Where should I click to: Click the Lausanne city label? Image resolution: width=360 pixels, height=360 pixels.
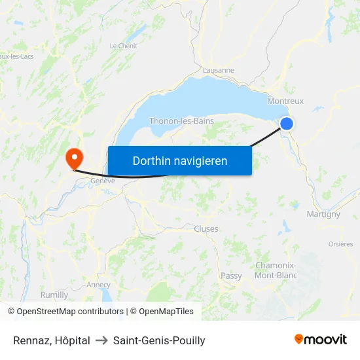pyautogui.click(x=219, y=70)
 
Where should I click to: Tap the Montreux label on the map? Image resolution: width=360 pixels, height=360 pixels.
pyautogui.click(x=285, y=101)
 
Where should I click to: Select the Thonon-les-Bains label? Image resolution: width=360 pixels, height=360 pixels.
pyautogui.click(x=181, y=121)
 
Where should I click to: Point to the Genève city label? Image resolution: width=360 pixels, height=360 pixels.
pyautogui.click(x=103, y=181)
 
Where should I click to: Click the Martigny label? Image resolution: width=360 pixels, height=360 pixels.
pyautogui.click(x=323, y=214)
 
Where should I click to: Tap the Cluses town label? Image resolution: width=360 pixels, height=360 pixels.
pyautogui.click(x=206, y=229)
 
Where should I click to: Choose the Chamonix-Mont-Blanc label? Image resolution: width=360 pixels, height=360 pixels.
pyautogui.click(x=275, y=270)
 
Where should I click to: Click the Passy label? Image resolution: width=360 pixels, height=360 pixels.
pyautogui.click(x=231, y=276)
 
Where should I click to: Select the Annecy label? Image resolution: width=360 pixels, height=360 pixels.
pyautogui.click(x=98, y=285)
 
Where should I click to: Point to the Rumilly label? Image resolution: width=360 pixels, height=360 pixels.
pyautogui.click(x=54, y=295)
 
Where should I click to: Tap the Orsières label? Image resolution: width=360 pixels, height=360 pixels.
pyautogui.click(x=340, y=244)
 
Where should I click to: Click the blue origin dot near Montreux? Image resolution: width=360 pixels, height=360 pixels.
pyautogui.click(x=287, y=124)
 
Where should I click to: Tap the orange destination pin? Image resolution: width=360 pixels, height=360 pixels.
pyautogui.click(x=73, y=158)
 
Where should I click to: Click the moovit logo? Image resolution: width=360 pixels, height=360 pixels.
pyautogui.click(x=320, y=340)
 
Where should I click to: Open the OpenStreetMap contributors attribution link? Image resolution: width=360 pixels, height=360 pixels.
pyautogui.click(x=65, y=312)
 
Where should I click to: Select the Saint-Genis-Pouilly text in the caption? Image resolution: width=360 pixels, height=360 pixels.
pyautogui.click(x=159, y=340)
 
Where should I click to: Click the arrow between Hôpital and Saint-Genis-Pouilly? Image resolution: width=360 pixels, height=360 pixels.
pyautogui.click(x=101, y=340)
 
